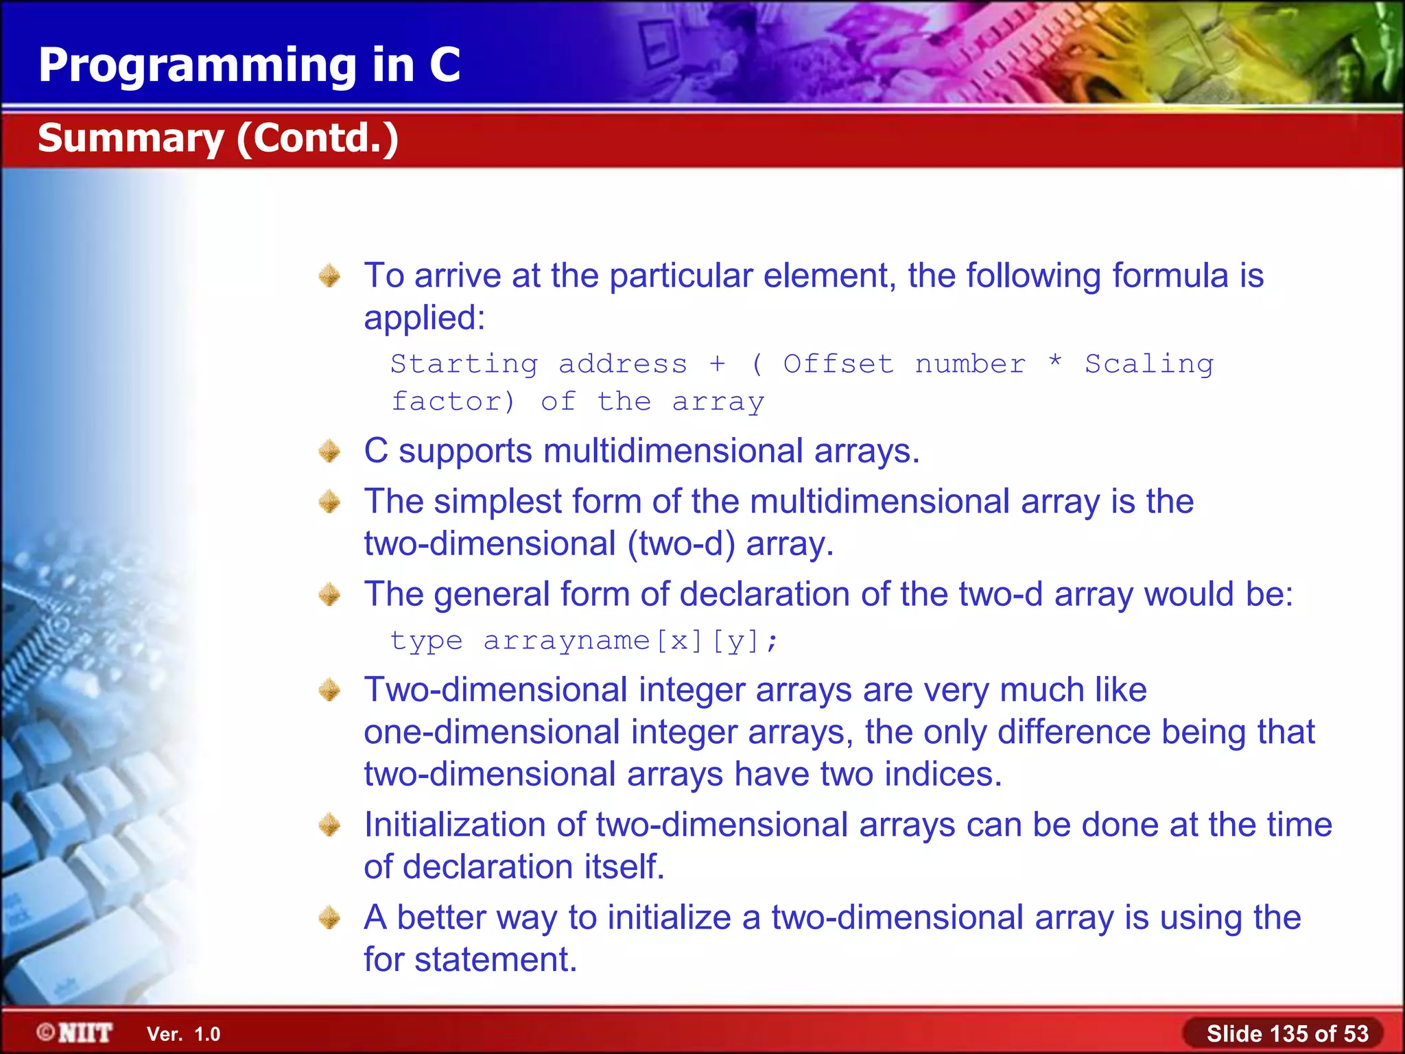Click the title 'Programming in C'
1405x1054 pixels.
pos(249,65)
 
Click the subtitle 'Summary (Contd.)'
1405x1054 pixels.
pos(218,138)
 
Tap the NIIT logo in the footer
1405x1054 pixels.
pos(75,1033)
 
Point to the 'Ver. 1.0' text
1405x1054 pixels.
pos(183,1034)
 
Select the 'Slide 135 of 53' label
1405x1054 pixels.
pos(1287,1033)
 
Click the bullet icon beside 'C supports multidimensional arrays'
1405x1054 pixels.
pos(330,452)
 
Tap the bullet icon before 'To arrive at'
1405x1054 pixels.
pos(330,276)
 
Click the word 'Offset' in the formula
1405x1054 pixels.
pos(838,364)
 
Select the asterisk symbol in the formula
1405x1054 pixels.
pos(1055,361)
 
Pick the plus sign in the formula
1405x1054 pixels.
pos(717,364)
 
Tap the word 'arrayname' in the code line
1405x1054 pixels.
pos(566,641)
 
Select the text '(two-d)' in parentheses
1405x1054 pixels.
pos(681,544)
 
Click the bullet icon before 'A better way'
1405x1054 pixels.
pos(330,917)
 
